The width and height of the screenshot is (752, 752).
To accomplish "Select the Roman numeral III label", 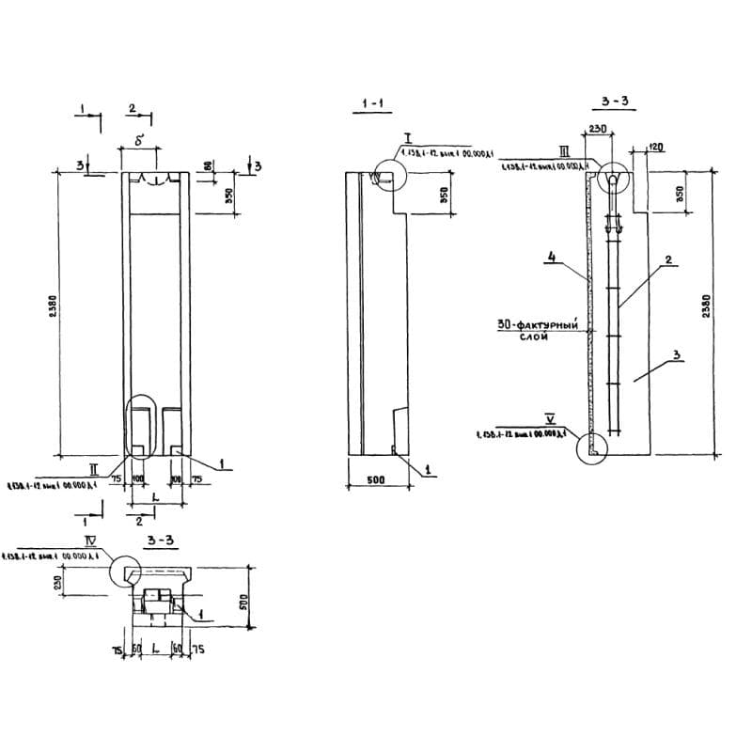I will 563,151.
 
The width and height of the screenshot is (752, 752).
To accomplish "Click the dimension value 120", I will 655,148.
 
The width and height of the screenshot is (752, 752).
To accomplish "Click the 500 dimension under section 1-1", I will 375,479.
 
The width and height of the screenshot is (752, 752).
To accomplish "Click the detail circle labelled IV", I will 128,572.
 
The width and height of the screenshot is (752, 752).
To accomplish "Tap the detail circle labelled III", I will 612,177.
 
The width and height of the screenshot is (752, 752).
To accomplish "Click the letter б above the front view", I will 138,141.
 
